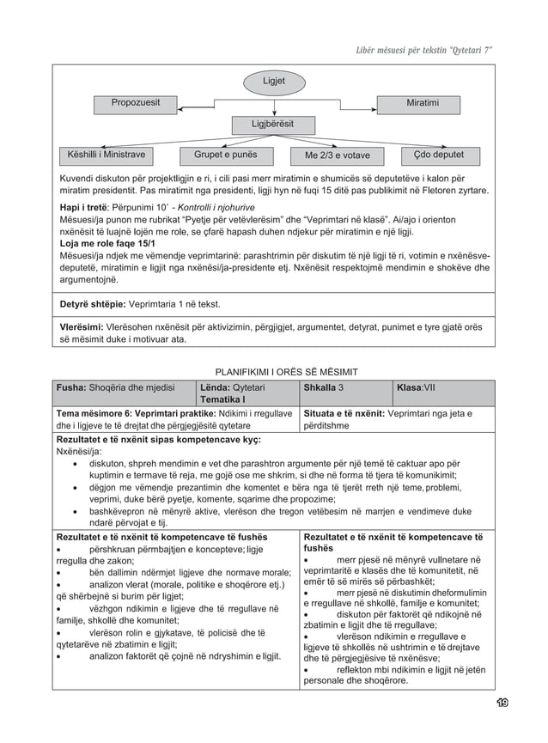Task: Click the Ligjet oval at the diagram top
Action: point(274,82)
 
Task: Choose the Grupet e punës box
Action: point(225,155)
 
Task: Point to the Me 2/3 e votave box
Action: point(338,156)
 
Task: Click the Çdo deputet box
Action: point(438,155)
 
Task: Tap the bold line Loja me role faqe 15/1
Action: point(107,244)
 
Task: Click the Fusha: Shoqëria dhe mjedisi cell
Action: point(116,387)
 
